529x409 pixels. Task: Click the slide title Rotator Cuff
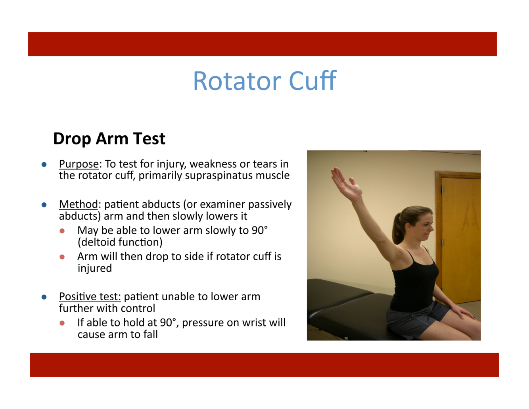point(264,81)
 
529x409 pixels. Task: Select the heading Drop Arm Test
point(109,139)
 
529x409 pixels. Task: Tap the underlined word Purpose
point(79,164)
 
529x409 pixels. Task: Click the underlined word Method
point(79,204)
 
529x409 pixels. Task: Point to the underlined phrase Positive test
point(90,297)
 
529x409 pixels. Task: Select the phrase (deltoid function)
point(120,242)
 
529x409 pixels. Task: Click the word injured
point(95,268)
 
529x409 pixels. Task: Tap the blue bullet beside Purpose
point(44,165)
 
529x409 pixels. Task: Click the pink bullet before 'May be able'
point(62,231)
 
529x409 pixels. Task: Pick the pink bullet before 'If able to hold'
point(62,323)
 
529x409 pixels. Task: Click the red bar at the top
point(263,44)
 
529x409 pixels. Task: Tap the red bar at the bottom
point(264,365)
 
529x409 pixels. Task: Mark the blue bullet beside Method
point(44,205)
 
